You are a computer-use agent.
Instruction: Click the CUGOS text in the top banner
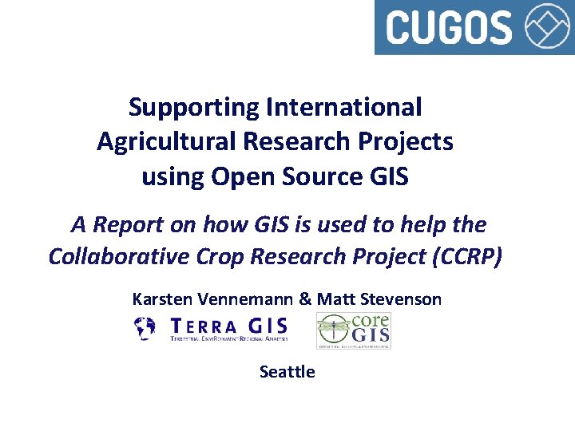pos(449,26)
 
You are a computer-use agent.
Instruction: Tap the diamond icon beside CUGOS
pos(549,26)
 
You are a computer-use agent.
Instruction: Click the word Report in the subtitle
pos(129,225)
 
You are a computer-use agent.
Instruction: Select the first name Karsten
pos(161,300)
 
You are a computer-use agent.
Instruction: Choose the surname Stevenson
pos(402,300)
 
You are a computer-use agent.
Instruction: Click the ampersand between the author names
pos(305,300)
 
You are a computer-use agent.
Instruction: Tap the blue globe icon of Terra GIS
pos(145,328)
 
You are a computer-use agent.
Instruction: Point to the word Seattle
pos(287,372)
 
